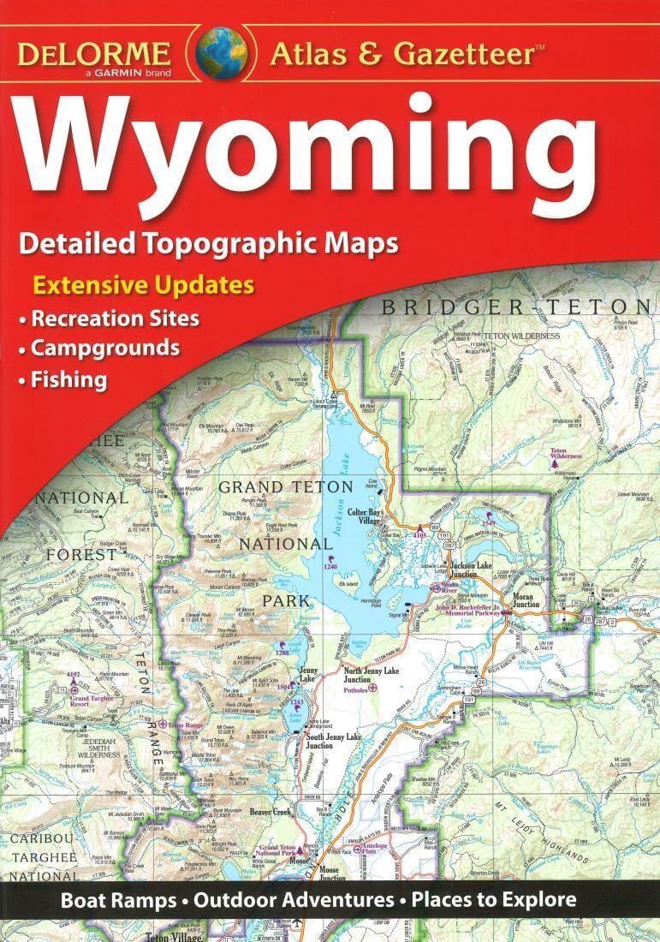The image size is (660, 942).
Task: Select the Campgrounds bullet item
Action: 105,349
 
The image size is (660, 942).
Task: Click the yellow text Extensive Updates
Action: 143,285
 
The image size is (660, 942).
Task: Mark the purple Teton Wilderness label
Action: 566,453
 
